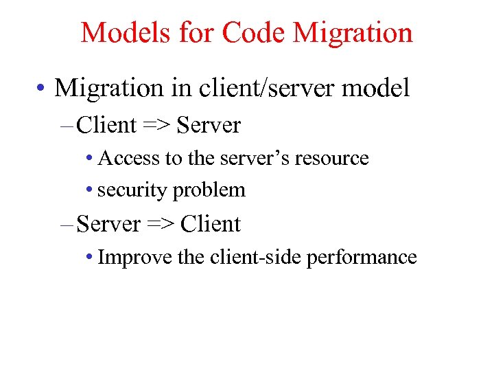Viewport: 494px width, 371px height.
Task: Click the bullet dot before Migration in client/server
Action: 42,89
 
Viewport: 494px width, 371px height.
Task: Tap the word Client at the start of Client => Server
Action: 107,126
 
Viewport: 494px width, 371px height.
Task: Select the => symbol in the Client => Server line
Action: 156,126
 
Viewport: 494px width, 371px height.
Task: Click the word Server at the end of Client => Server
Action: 209,126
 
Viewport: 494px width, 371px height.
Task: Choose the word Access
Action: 129,158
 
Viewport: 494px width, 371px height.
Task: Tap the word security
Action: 133,190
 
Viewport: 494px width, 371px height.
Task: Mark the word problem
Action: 209,190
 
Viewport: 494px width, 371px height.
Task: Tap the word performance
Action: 362,258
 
